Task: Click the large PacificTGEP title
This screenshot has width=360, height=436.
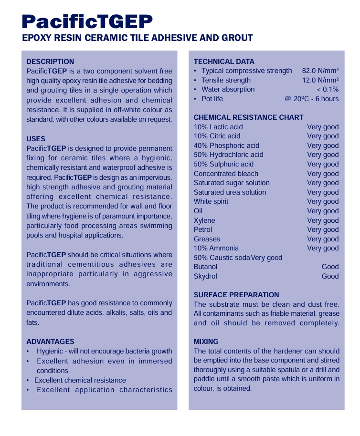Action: click(x=87, y=21)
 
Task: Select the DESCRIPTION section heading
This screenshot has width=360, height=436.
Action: click(x=50, y=62)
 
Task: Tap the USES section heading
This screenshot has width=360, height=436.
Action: click(x=36, y=139)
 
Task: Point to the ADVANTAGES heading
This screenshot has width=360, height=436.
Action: click(x=50, y=342)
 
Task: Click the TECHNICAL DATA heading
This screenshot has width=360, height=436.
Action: click(x=224, y=62)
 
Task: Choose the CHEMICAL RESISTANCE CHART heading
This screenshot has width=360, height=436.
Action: click(x=248, y=117)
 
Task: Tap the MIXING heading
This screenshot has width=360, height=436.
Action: click(x=206, y=342)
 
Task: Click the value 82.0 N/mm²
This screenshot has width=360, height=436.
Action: click(x=320, y=71)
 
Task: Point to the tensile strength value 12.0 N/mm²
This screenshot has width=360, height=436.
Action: click(x=320, y=80)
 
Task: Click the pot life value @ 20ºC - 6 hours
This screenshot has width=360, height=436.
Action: click(x=311, y=99)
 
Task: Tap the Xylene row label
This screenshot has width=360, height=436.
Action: click(x=204, y=220)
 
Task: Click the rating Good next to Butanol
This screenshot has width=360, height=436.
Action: click(x=330, y=267)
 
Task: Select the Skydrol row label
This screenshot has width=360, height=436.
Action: click(x=205, y=276)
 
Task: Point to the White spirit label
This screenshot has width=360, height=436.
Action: click(x=211, y=201)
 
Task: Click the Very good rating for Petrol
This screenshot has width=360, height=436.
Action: click(x=323, y=229)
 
